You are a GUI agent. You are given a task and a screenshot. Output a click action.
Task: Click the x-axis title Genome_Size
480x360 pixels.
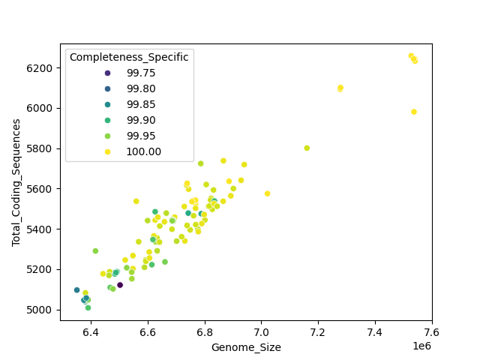coord(246,347)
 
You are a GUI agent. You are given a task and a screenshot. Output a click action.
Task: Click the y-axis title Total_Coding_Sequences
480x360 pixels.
coord(16,182)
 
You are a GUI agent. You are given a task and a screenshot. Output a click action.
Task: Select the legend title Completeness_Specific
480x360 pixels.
coord(129,57)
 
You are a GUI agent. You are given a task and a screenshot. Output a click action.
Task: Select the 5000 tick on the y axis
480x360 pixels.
coord(43,309)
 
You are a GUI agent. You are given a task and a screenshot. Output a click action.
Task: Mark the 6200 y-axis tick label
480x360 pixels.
coord(43,68)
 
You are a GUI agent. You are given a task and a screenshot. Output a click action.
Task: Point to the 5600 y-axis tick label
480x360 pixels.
coord(43,189)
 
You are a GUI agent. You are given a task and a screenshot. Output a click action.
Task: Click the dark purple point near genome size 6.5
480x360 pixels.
coord(120,285)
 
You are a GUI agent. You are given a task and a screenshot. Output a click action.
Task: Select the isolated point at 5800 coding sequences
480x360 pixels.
coord(307,148)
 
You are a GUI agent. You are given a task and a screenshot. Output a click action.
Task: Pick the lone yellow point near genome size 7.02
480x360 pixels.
coord(267,193)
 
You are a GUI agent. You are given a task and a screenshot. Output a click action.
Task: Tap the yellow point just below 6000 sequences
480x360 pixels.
coord(413,112)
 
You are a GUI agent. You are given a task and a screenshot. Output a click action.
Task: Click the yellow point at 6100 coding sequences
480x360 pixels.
coord(340,88)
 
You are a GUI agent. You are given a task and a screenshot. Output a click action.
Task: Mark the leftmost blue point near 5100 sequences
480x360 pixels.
coord(76,290)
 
